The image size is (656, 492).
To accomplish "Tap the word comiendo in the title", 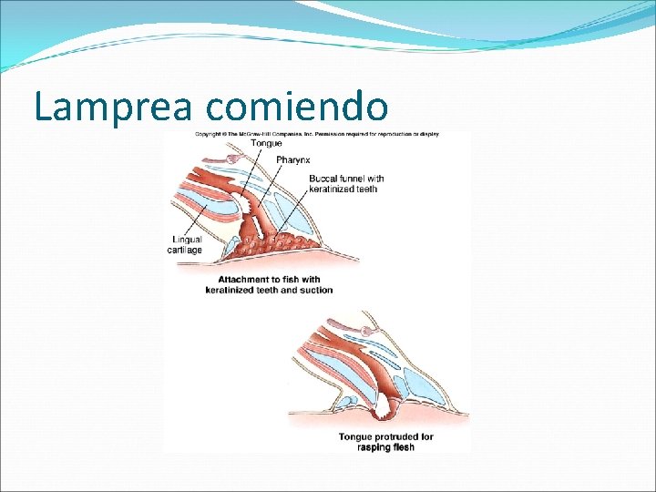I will coord(297,107).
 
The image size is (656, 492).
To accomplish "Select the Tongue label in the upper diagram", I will coord(267,144).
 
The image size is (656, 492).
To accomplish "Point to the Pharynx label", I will coord(293,160).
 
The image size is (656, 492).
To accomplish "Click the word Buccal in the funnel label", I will coord(324,179).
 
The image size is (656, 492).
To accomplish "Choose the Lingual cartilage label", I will coord(186,245).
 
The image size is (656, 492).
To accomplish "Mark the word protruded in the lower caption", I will coord(395,437).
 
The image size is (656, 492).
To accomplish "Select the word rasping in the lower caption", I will coord(373,447).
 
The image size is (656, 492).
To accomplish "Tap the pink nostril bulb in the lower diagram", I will coord(366,330).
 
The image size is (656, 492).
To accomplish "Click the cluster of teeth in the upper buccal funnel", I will coord(273,242).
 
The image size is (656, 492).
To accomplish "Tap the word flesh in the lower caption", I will coord(404,447).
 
